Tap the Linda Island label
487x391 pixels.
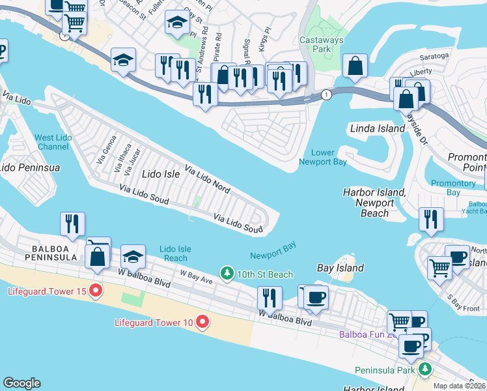(378, 128)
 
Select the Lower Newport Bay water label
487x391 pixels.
(323, 157)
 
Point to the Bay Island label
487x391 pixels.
(340, 268)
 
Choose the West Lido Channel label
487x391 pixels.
(53, 142)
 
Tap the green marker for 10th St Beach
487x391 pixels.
(227, 273)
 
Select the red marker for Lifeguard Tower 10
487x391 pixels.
(202, 321)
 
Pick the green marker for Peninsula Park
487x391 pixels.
(425, 369)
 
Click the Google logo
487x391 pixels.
(21, 383)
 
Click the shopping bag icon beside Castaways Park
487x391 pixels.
(356, 66)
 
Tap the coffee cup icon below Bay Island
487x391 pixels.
(316, 298)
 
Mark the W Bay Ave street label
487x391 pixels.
(197, 278)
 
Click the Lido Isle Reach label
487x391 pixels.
(175, 253)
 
